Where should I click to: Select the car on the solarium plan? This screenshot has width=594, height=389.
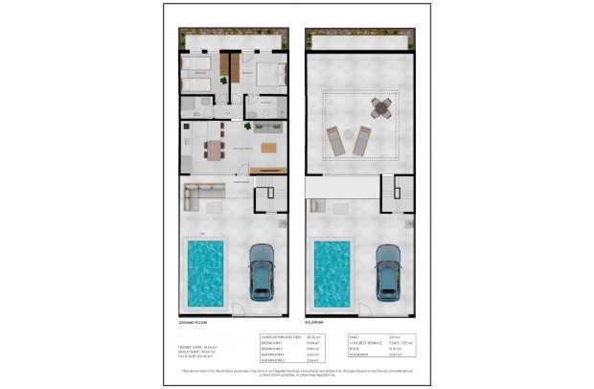pos(388,268)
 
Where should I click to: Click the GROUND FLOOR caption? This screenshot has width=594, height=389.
pos(194,323)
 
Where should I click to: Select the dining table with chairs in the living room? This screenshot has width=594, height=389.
pos(213,148)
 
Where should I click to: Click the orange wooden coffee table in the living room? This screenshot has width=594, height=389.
pos(269,148)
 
